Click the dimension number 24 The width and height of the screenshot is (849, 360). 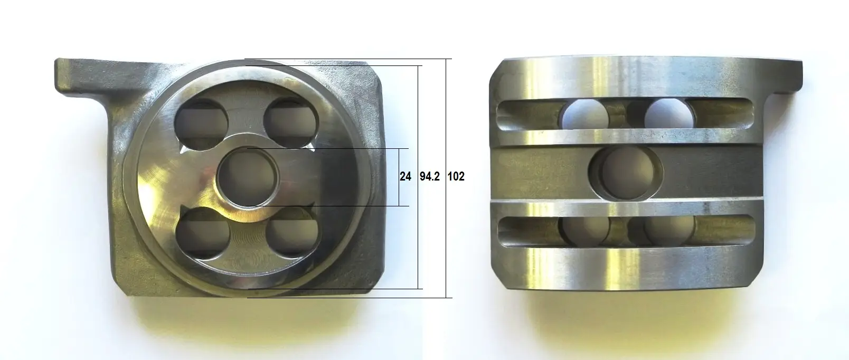pyautogui.click(x=405, y=176)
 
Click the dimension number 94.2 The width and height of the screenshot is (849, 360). pyautogui.click(x=429, y=176)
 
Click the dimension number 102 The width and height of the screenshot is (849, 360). pyautogui.click(x=456, y=176)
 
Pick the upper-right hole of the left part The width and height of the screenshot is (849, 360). pyautogui.click(x=291, y=122)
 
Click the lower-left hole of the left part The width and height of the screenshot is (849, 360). pyautogui.click(x=203, y=233)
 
